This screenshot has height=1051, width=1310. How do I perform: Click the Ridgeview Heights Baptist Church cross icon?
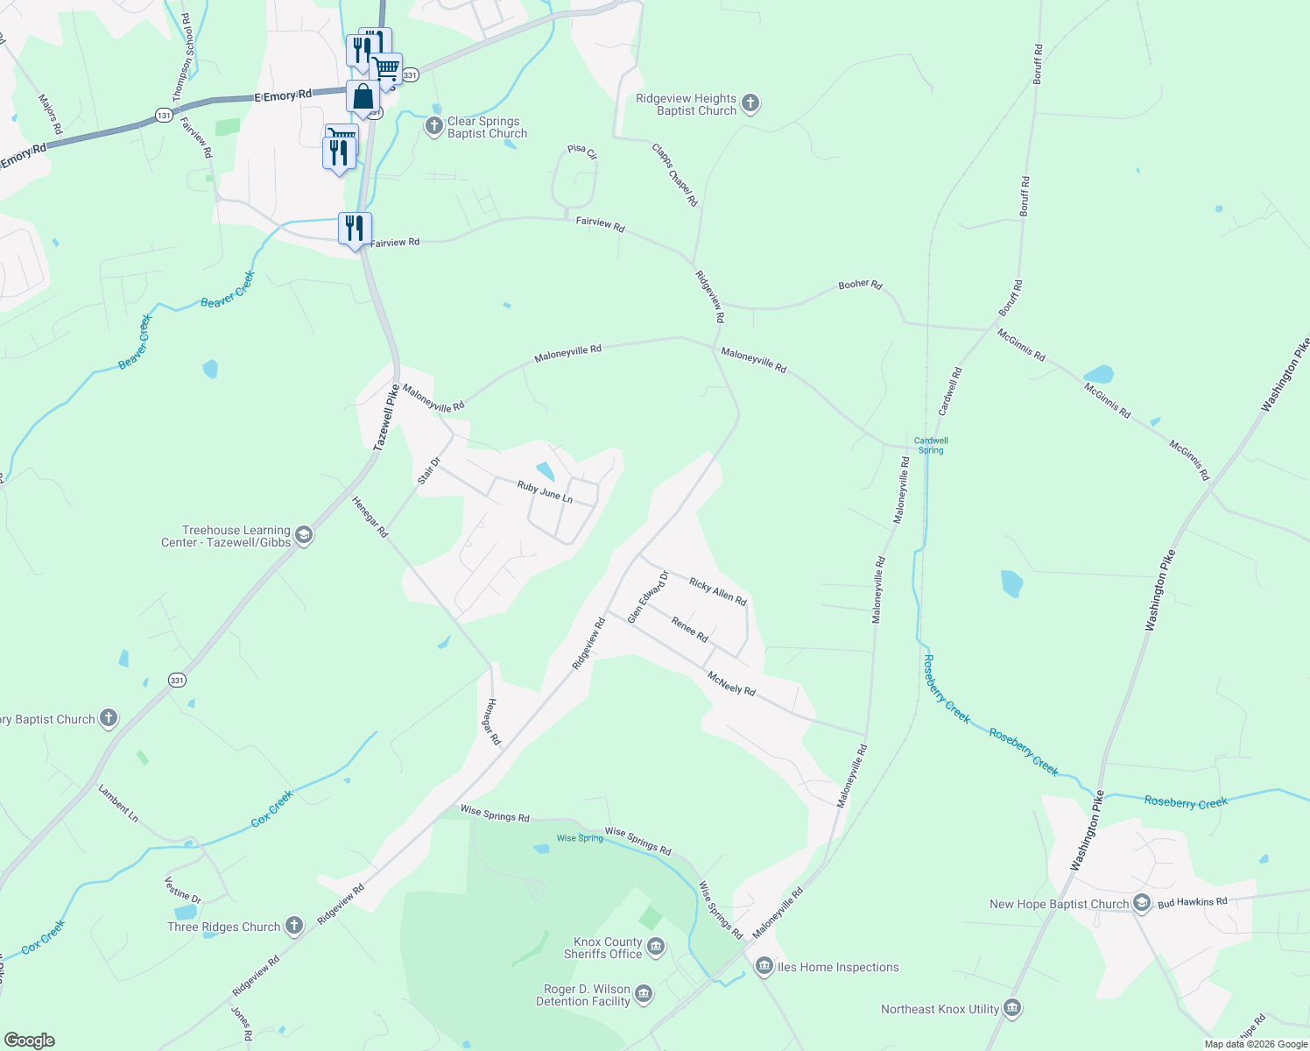[x=750, y=104]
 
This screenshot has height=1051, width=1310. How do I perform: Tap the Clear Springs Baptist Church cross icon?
[x=434, y=127]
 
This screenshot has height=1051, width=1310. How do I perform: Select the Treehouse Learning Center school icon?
[x=304, y=536]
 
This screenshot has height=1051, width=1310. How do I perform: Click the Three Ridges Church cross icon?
[x=294, y=926]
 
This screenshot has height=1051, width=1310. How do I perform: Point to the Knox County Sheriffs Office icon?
[x=656, y=948]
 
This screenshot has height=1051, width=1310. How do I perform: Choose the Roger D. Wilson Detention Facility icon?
[x=644, y=994]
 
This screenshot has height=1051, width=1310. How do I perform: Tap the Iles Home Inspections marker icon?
[x=764, y=967]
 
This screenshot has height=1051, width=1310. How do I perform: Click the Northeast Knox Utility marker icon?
[x=1012, y=1009]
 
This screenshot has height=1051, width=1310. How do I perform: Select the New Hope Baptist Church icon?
[x=1141, y=904]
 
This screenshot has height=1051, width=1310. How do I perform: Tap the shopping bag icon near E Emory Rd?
[x=363, y=97]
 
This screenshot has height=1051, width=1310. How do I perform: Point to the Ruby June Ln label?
[x=545, y=491]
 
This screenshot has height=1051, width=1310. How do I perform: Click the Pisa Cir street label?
[x=581, y=152]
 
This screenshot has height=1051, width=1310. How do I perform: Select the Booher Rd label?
[x=860, y=285]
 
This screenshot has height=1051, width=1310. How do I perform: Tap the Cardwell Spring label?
[x=931, y=446]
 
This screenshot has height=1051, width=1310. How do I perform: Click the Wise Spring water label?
[x=580, y=838]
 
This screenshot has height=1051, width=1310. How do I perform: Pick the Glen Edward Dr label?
[x=648, y=597]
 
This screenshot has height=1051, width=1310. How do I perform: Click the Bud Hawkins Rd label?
[x=1192, y=901]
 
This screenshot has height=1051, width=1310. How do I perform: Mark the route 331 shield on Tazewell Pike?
[x=178, y=680]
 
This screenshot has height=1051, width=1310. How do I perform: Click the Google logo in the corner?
[x=29, y=1040]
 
